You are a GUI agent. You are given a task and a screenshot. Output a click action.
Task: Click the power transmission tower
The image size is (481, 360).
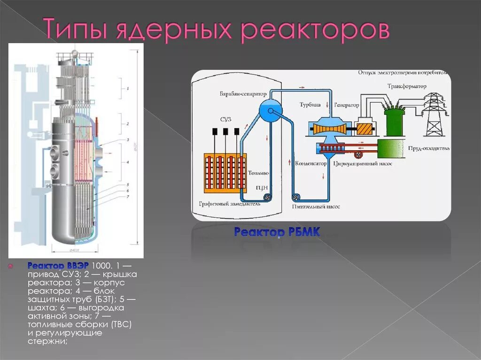tap(434, 115)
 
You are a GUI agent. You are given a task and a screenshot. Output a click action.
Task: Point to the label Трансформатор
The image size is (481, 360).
tap(407, 86)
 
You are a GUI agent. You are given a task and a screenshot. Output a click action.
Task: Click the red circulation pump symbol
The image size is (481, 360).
tap(359, 154)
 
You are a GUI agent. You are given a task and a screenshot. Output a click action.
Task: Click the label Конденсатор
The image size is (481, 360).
tap(310, 164)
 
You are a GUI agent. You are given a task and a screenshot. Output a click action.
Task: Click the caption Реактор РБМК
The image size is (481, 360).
tap(277, 231)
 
